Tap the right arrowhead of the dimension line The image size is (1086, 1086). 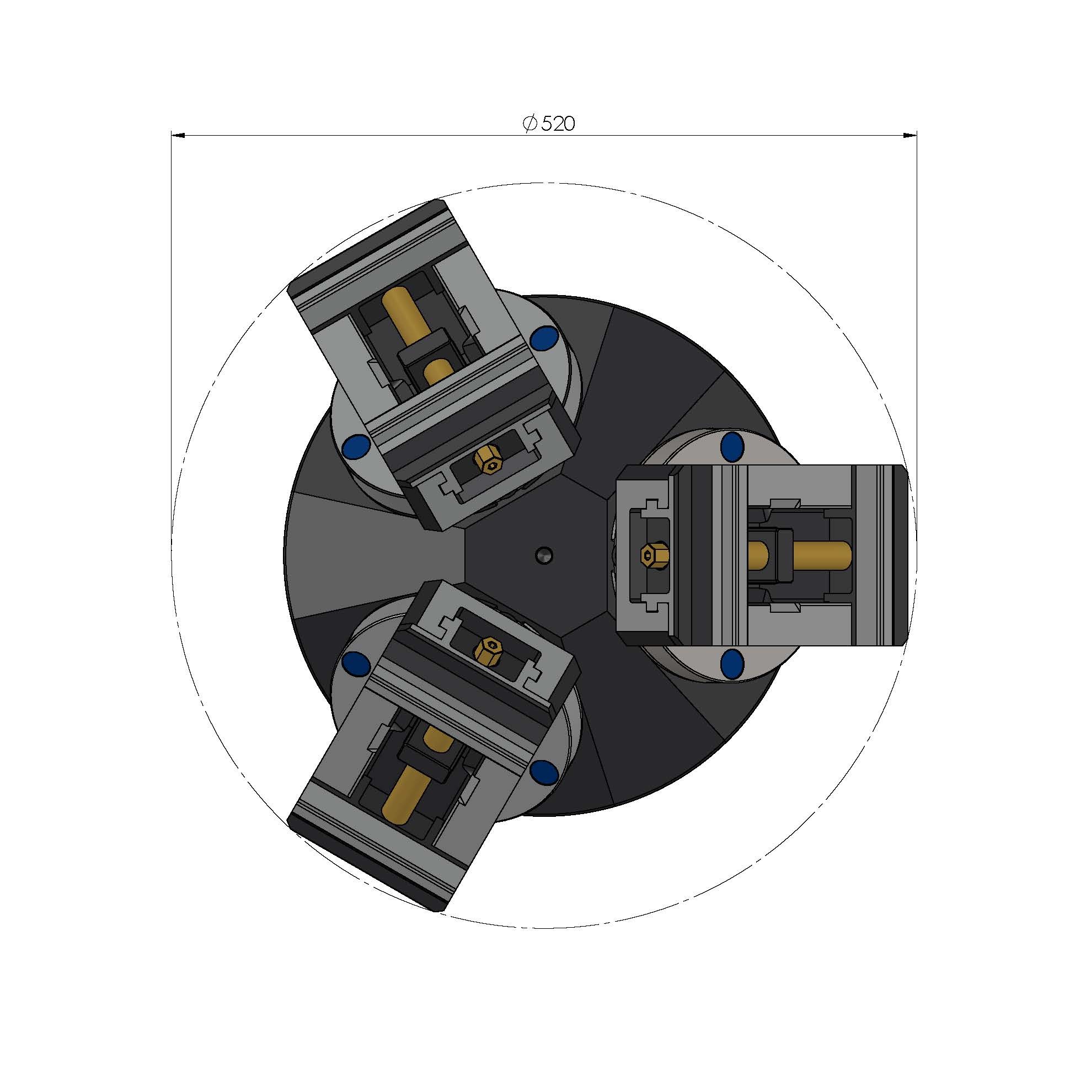coord(910,135)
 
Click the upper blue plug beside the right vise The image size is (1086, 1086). coord(732,446)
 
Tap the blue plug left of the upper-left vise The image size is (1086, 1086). coord(356,447)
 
